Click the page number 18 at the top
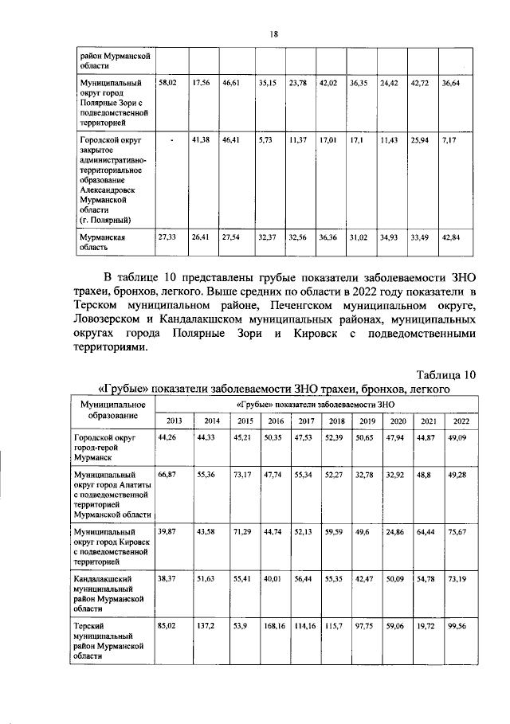(273, 34)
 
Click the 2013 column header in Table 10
(174, 420)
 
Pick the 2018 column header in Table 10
(337, 420)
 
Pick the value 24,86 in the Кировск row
(398, 530)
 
